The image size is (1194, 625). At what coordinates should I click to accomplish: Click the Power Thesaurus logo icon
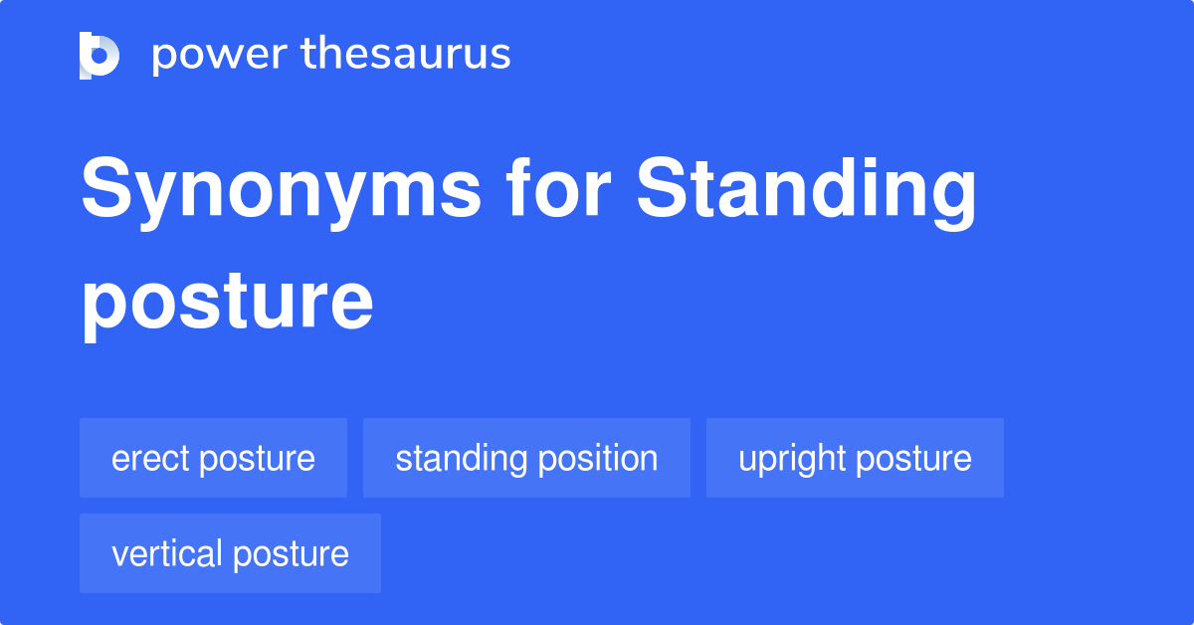click(99, 55)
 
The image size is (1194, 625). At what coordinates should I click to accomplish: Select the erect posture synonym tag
click(213, 458)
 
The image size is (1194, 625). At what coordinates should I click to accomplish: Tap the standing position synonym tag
click(526, 458)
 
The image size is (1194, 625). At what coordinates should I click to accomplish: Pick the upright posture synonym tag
click(855, 458)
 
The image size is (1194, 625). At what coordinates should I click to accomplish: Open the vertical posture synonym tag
click(230, 553)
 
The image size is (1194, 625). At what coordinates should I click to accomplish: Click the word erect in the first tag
click(151, 458)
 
